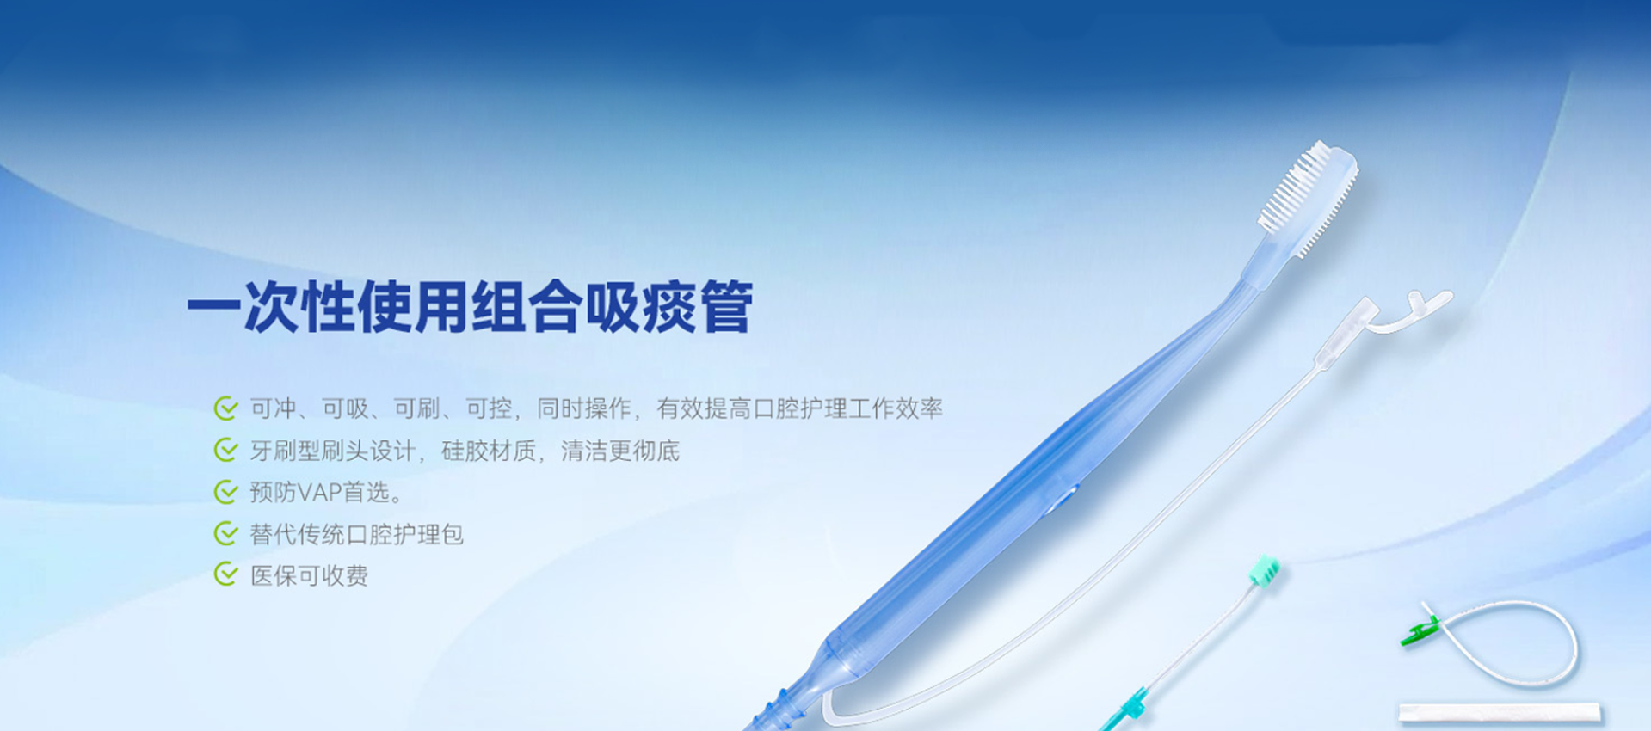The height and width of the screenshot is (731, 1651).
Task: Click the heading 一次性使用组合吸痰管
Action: pos(470,307)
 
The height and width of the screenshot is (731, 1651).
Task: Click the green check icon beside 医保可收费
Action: pos(225,574)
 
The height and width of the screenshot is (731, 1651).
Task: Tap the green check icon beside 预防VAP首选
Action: pos(225,492)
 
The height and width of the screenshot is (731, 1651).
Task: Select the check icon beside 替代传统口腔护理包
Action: pos(225,534)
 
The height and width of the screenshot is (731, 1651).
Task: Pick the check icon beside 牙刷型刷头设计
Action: pos(225,450)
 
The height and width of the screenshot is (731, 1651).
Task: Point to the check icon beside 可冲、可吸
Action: pos(225,408)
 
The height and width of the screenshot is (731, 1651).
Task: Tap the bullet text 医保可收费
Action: pos(309,575)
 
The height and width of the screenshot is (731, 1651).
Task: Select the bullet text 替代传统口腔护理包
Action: pos(356,534)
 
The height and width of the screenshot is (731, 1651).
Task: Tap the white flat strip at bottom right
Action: pos(1499,712)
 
